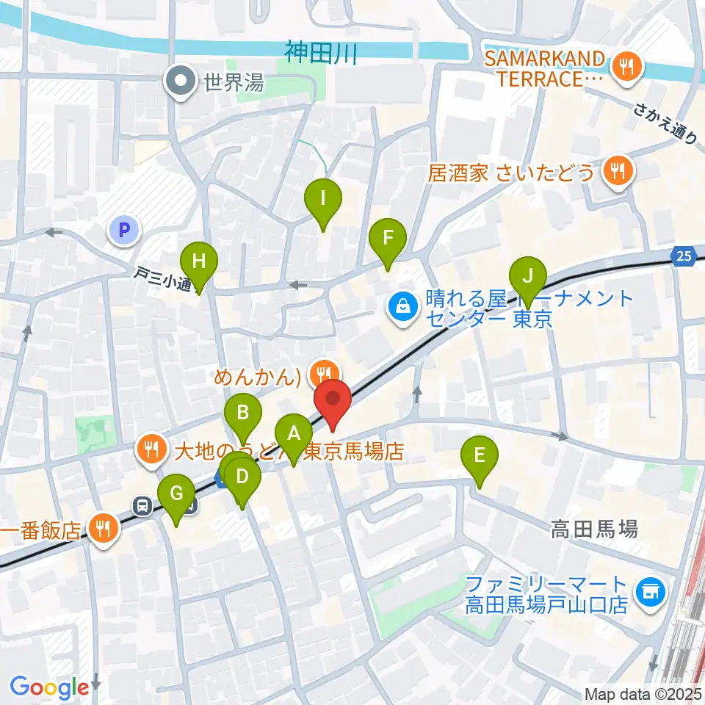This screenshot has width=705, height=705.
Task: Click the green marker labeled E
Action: [x=479, y=455]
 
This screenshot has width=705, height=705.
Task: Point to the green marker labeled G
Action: [x=176, y=493]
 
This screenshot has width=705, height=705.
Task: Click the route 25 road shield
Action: [x=683, y=256]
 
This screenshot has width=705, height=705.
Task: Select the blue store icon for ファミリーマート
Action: [x=649, y=589]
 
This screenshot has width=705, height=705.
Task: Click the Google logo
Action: [x=49, y=687]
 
